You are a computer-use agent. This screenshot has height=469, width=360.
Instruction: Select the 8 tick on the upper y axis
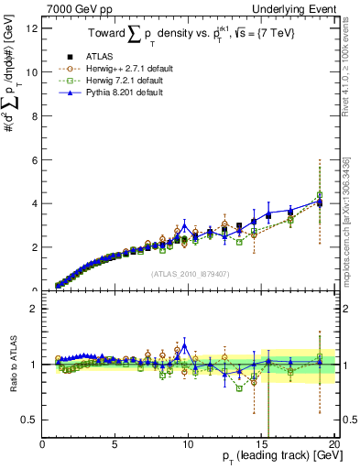[x=35, y=115]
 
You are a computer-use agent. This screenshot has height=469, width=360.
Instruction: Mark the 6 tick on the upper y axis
[x=35, y=159]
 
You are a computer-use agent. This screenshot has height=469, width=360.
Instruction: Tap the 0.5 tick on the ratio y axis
[x=31, y=420]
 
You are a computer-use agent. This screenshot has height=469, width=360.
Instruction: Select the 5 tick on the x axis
[x=115, y=444]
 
